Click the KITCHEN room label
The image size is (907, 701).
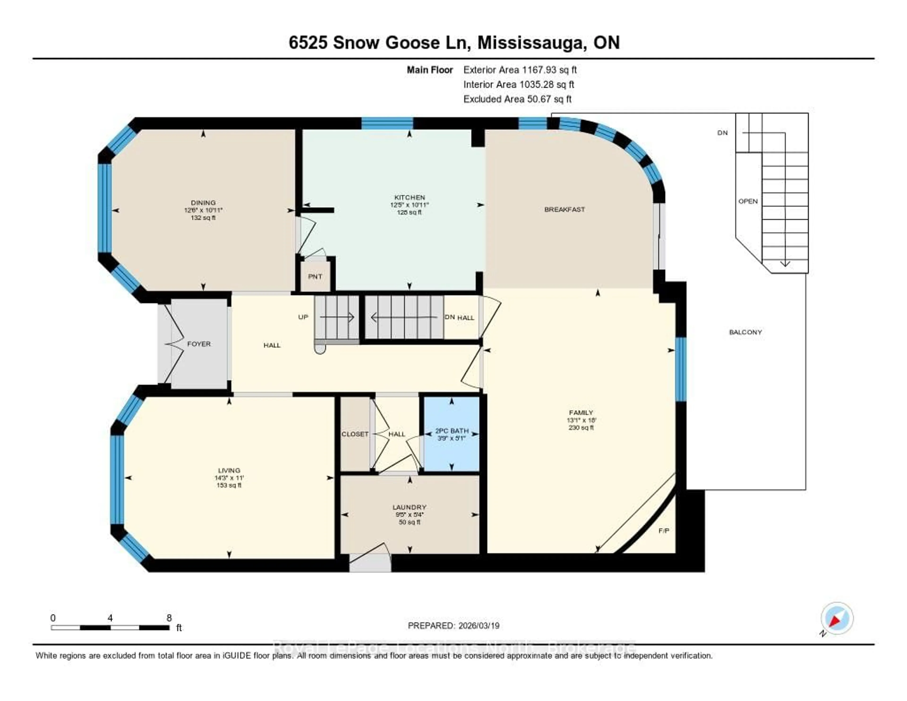410,197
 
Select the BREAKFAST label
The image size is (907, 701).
564,209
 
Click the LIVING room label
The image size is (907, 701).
229,470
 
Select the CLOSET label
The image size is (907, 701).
355,434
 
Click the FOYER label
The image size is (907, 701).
199,344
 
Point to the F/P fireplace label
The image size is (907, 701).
664,531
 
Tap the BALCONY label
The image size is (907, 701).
745,332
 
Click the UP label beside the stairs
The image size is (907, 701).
303,317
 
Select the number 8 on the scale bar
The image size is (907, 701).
169,618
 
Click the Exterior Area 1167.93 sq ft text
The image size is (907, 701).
520,70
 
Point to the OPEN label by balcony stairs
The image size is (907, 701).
748,201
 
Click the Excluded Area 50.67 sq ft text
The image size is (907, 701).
518,99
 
